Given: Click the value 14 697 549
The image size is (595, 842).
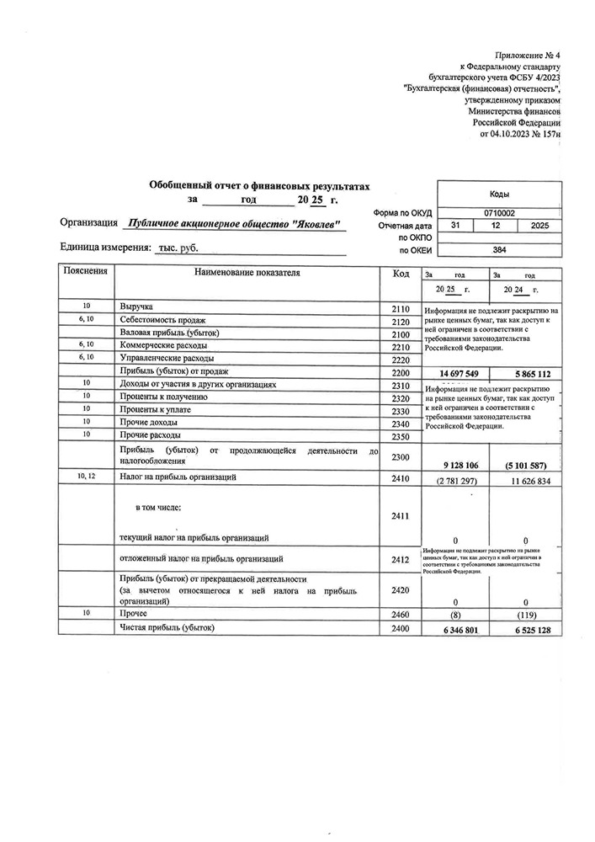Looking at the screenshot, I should point(454,373).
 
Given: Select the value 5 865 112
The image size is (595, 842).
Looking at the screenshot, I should point(527,373).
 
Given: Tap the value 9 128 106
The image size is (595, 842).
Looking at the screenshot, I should point(454,463).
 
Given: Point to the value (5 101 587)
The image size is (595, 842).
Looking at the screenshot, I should point(525,463).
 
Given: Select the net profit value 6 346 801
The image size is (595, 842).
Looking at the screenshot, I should point(454,629).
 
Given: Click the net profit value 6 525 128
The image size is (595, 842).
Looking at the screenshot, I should point(527,629).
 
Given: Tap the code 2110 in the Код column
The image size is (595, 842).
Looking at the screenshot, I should point(400,309).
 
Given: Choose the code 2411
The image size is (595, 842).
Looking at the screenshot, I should point(400,517).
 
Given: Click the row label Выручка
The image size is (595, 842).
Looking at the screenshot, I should point(136,308).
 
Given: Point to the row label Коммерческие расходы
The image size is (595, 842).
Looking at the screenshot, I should point(163,345).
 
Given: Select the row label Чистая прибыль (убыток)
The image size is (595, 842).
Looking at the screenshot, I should point(167,628).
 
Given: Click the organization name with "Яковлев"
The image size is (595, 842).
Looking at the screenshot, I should point(232,224).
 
